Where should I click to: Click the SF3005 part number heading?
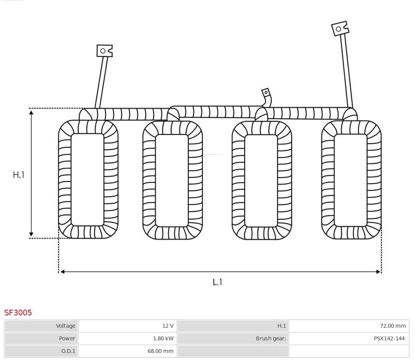click(18, 313)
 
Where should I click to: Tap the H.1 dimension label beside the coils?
click(19, 175)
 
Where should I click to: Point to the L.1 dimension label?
click(217, 282)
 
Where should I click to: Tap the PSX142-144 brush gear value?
click(389, 338)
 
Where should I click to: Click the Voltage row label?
click(65, 326)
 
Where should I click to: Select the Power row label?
click(67, 338)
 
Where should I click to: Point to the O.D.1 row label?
click(68, 351)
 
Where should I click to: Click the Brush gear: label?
click(271, 338)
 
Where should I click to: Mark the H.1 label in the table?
click(281, 326)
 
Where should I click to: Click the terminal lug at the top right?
click(340, 29)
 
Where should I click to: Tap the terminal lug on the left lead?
click(105, 50)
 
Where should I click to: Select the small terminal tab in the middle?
click(266, 93)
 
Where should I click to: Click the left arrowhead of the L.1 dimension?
click(62, 272)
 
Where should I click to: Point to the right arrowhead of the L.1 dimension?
click(378, 272)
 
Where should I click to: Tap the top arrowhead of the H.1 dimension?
click(31, 113)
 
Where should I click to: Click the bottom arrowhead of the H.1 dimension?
click(31, 234)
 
